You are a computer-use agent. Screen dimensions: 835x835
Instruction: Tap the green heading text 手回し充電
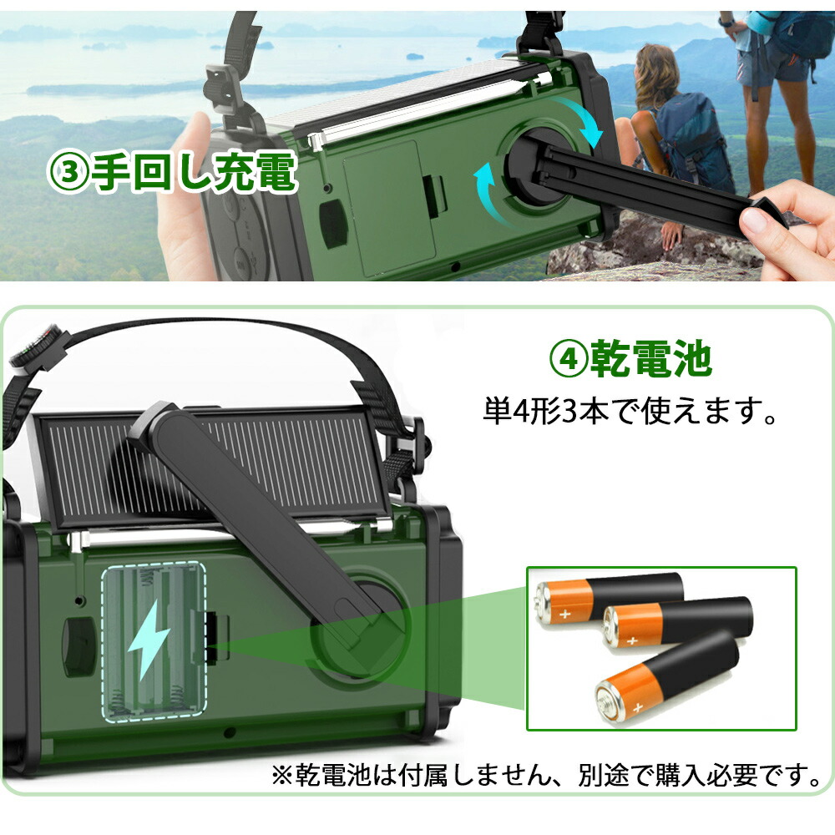(194, 172)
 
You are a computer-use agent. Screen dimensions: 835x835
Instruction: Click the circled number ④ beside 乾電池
(569, 359)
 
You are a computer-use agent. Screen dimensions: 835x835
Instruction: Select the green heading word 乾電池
(650, 358)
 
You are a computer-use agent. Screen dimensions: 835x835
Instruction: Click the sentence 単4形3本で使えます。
(630, 411)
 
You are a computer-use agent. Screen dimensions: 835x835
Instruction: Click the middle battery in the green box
(677, 622)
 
